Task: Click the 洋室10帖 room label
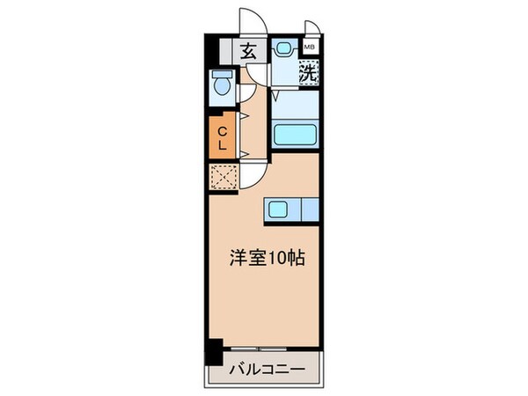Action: click(x=268, y=260)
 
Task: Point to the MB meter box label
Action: click(x=310, y=48)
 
